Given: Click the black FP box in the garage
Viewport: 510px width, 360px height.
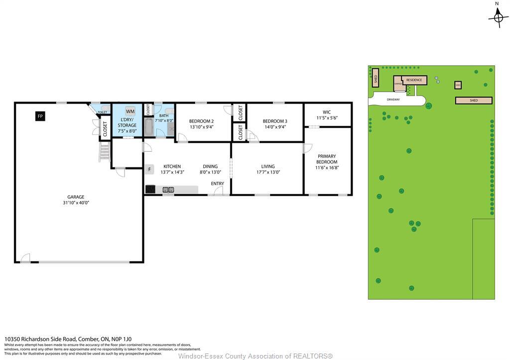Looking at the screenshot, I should tap(40, 116).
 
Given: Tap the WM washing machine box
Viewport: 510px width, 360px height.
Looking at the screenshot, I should tap(130, 111).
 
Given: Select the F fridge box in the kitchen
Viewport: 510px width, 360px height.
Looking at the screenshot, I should tap(149, 169).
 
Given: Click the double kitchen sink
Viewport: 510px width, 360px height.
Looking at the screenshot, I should tap(168, 190).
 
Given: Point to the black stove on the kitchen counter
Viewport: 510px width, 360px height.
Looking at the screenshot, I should tap(151, 189).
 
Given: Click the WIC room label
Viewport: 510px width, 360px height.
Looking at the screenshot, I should tap(327, 115).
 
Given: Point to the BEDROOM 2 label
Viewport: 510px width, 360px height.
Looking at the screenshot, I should tap(201, 124).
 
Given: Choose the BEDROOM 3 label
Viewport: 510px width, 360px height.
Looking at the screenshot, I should tap(275, 124).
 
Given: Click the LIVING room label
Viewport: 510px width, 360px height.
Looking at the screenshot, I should tap(268, 170).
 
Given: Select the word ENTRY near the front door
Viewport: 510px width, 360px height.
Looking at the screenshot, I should tap(217, 184).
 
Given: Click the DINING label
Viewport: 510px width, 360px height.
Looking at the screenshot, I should tap(210, 170).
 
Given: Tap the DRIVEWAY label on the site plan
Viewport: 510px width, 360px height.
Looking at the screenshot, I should tap(393, 100).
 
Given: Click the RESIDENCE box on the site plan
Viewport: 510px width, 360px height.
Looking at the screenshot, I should tap(414, 80).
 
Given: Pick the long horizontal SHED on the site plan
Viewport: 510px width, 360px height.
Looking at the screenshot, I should tap(474, 101).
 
